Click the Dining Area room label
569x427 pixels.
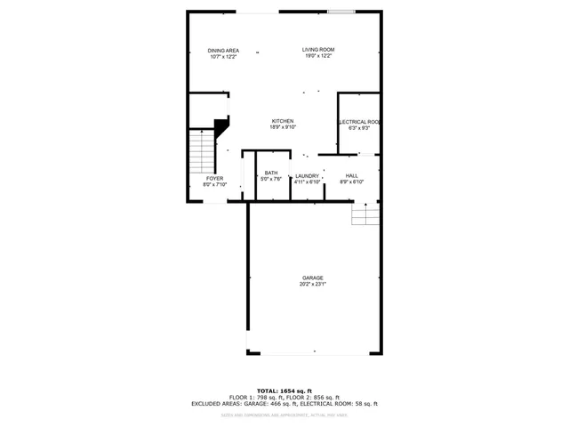[x=223, y=50]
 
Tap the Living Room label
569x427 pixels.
[x=317, y=50]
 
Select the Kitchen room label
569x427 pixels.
[x=283, y=121]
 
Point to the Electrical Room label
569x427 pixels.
[x=359, y=121]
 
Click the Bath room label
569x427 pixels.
[x=271, y=173]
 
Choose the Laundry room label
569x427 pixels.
[x=307, y=176]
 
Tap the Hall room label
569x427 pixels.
[x=352, y=176]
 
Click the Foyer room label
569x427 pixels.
[x=215, y=179]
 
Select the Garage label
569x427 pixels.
[x=312, y=278]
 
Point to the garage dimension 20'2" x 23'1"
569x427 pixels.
[x=312, y=284]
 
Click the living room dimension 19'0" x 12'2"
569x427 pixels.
[x=317, y=56]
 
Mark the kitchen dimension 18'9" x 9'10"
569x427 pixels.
[x=283, y=127]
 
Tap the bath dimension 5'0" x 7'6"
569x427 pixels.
[x=271, y=179]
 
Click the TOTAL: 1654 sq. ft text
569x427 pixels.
[x=284, y=391]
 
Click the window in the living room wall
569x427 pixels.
[x=339, y=12]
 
